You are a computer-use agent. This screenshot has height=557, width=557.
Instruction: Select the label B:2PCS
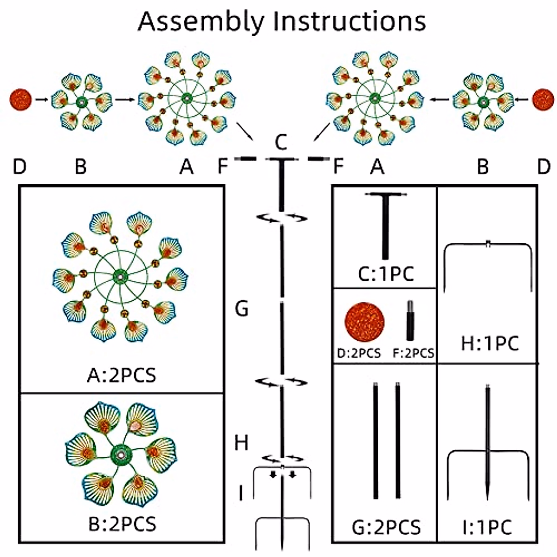pyautogui.click(x=122, y=524)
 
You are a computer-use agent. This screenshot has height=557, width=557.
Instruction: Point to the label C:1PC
pyautogui.click(x=385, y=274)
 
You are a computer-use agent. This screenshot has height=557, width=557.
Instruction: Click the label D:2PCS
pyautogui.click(x=359, y=353)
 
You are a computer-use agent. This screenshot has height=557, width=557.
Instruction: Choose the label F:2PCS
pyautogui.click(x=413, y=353)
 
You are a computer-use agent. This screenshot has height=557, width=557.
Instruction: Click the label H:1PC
pyautogui.click(x=490, y=344)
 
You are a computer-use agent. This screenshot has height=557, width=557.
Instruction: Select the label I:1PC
pyautogui.click(x=486, y=527)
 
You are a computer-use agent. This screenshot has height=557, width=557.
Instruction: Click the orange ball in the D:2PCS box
pyautogui.click(x=364, y=323)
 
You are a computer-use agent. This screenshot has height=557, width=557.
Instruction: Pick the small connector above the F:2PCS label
pyautogui.click(x=410, y=321)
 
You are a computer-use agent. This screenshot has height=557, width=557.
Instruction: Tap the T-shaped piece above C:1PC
pyautogui.click(x=385, y=223)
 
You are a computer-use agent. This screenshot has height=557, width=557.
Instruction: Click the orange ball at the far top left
pyautogui.click(x=21, y=100)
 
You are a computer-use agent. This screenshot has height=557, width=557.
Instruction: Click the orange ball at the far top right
pyautogui.click(x=543, y=100)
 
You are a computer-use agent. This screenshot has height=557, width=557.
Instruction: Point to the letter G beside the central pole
pyautogui.click(x=242, y=308)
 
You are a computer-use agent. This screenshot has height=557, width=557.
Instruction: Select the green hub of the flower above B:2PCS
pyautogui.click(x=121, y=454)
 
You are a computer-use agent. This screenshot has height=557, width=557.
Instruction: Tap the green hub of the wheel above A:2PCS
pyautogui.click(x=120, y=277)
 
